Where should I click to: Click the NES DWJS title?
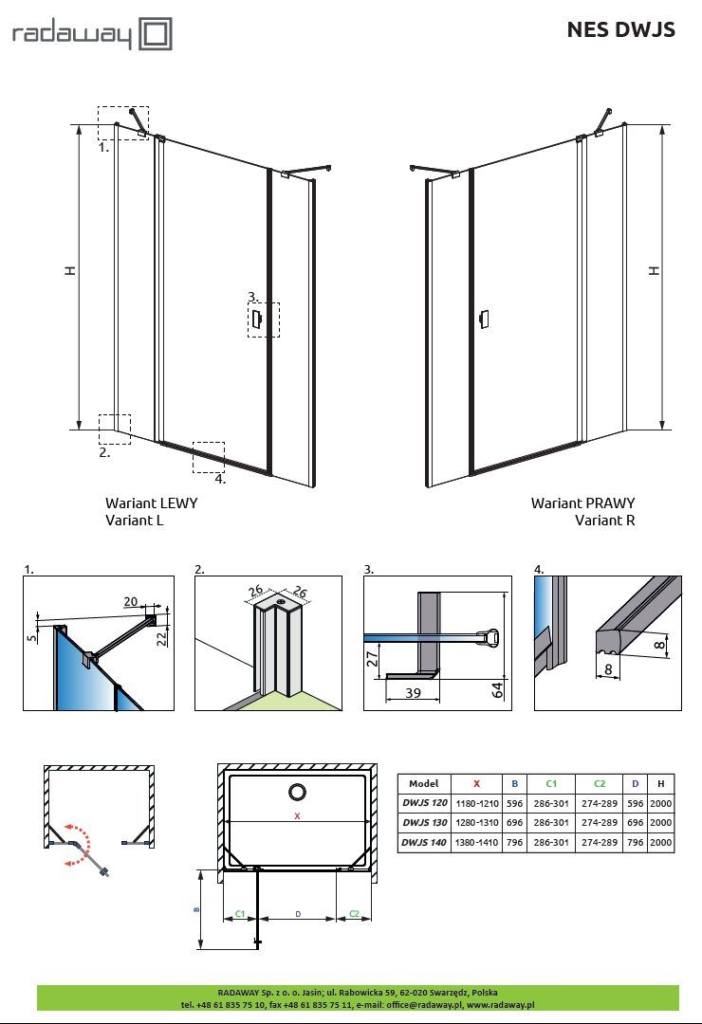[x=620, y=29]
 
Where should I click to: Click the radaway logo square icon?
[x=156, y=35]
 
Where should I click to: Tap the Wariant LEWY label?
[x=151, y=503]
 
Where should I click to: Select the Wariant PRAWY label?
[x=582, y=503]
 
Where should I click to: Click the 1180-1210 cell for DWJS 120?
[x=476, y=803]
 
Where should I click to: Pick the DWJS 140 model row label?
[x=423, y=841]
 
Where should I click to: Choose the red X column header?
[x=476, y=784]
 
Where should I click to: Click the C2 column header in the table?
[x=599, y=784]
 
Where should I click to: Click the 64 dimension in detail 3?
[x=497, y=688]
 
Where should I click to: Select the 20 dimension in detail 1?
[x=130, y=602]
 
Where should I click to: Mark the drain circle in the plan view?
[x=297, y=792]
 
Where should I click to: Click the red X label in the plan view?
[x=297, y=815]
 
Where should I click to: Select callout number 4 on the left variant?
[x=221, y=479]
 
